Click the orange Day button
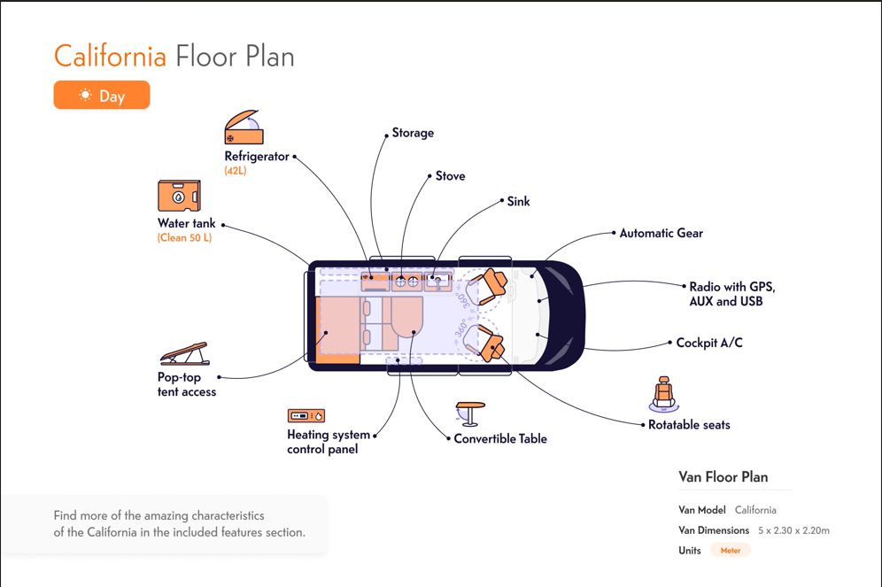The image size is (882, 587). (x=102, y=95)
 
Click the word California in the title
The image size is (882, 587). (x=110, y=56)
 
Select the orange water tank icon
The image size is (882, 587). (x=179, y=196)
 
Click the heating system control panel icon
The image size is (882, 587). (x=306, y=415)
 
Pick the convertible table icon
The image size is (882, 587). (x=469, y=413)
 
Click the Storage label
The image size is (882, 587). (x=413, y=133)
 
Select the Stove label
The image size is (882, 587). (x=450, y=176)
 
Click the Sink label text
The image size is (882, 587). (x=518, y=201)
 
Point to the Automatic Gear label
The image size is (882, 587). (x=661, y=233)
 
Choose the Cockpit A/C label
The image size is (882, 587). (x=708, y=343)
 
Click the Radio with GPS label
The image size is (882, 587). (x=731, y=287)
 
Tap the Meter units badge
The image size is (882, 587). (x=731, y=550)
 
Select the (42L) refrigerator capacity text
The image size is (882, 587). (x=236, y=170)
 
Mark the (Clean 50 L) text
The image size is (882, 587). (x=185, y=237)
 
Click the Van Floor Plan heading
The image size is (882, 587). (x=723, y=476)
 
